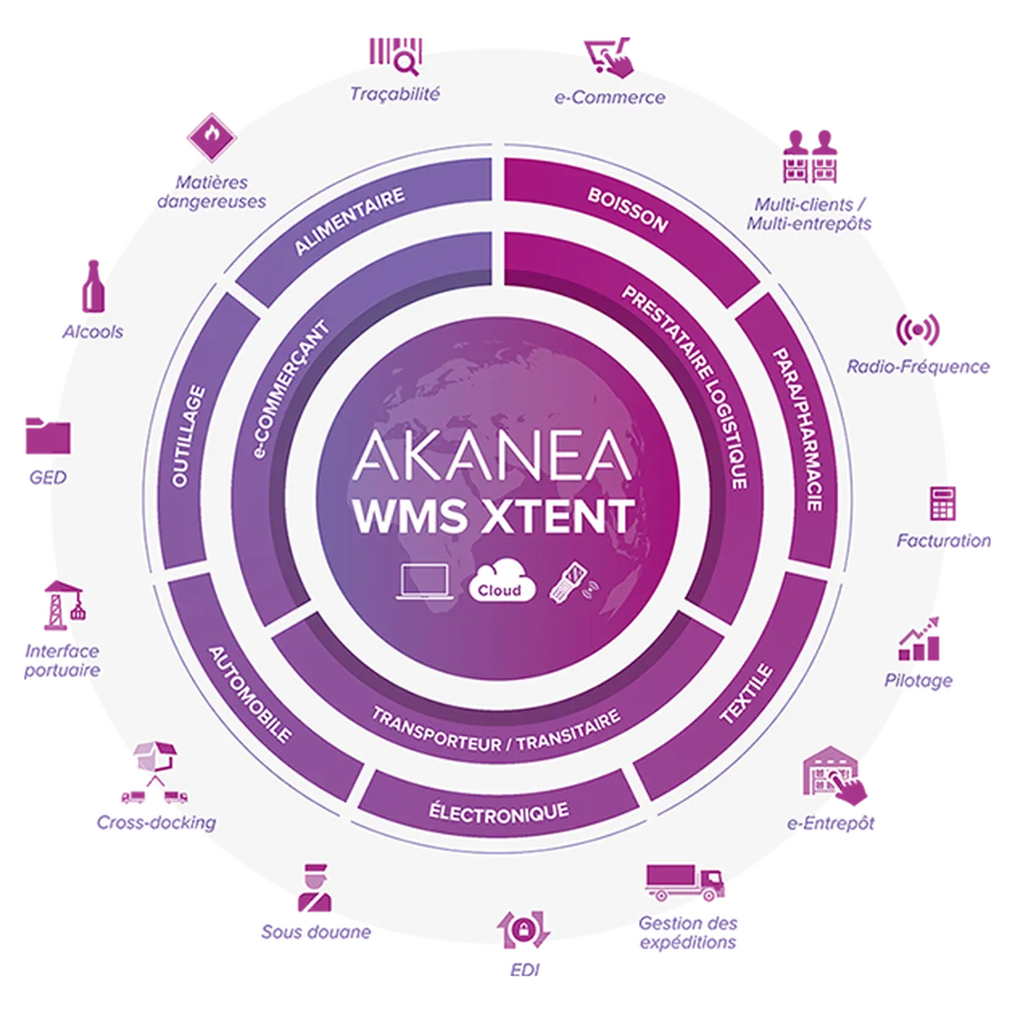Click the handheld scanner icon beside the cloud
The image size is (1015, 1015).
pyautogui.click(x=571, y=582)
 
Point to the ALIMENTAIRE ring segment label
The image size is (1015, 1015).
pyautogui.click(x=349, y=221)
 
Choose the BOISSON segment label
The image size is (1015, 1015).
pyautogui.click(x=628, y=210)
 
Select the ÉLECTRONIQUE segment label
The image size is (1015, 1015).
pyautogui.click(x=498, y=813)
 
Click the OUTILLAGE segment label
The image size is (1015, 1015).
pyautogui.click(x=188, y=436)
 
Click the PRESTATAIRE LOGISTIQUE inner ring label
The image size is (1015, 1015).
pyautogui.click(x=686, y=385)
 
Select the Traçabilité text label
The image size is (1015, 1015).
pyautogui.click(x=395, y=94)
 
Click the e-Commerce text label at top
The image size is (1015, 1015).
pyautogui.click(x=609, y=97)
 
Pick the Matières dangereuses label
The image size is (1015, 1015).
pyautogui.click(x=211, y=192)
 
